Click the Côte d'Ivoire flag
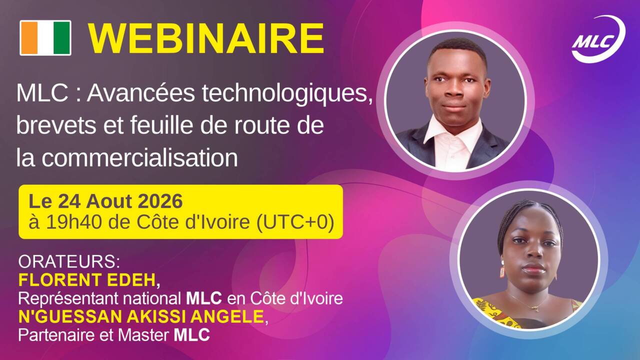45,37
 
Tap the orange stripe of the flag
29,37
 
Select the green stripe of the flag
62,37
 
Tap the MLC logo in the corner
598,39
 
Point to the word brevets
56,125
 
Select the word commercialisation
139,157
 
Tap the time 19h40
74,222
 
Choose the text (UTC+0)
295,222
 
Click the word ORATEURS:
69,261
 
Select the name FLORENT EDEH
87,280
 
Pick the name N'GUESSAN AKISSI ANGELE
141,316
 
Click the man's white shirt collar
453,129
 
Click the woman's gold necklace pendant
537,308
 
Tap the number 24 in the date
69,201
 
